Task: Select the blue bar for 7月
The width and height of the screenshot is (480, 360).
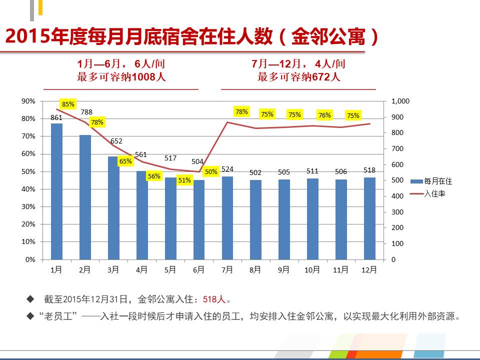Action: coord(227,218)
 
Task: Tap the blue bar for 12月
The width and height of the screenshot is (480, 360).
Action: coord(369,218)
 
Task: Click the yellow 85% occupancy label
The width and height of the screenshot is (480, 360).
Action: coord(68,104)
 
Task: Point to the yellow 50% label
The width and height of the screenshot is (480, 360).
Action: coord(211,172)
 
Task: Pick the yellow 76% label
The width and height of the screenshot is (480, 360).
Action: coord(324,115)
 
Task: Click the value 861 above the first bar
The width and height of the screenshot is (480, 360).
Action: coord(56,117)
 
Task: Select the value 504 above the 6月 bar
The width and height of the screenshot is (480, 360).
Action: coord(197,161)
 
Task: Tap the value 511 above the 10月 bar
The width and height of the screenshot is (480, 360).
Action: coord(312,171)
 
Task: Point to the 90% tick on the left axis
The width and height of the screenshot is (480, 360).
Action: coord(28,101)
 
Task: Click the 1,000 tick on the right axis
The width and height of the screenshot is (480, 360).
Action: coord(400,101)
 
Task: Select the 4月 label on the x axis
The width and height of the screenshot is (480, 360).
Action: coord(141,270)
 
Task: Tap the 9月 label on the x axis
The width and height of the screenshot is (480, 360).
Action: coord(284,270)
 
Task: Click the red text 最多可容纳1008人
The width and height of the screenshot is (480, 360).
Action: coord(121,77)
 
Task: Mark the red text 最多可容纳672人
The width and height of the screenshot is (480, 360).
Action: coord(298,77)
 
